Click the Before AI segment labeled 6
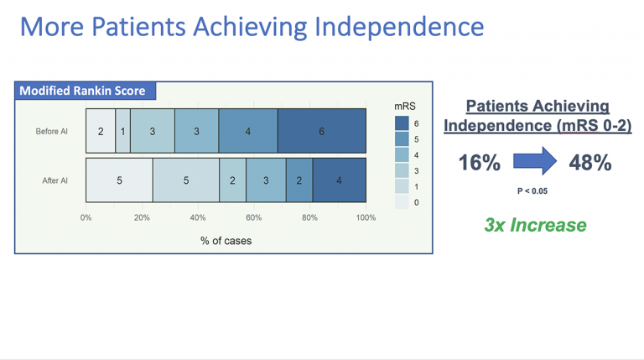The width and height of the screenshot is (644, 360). click(322, 131)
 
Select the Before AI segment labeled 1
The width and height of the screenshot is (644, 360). click(122, 131)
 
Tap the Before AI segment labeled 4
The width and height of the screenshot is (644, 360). click(248, 131)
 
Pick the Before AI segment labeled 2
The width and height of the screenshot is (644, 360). click(101, 131)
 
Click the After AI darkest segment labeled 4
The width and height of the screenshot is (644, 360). click(340, 180)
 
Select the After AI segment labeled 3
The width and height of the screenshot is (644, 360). click(266, 180)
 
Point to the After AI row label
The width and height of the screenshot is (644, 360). click(55, 180)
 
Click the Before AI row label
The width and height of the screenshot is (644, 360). click(51, 132)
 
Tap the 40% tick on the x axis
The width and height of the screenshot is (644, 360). click(198, 217)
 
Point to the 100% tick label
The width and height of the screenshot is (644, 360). click(366, 217)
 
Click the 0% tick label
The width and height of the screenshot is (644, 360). click(86, 217)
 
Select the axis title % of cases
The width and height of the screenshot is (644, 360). click(226, 241)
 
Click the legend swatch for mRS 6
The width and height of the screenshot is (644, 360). click(402, 123)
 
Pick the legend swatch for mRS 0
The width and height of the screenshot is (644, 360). click(402, 202)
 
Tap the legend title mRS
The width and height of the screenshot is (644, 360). click(405, 107)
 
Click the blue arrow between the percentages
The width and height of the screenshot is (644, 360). click(535, 161)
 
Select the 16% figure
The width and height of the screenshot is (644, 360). click(480, 162)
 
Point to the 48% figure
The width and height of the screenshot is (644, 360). click(590, 162)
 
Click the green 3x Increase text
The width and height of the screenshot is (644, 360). click(536, 225)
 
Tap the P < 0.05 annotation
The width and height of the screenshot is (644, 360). click(532, 190)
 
